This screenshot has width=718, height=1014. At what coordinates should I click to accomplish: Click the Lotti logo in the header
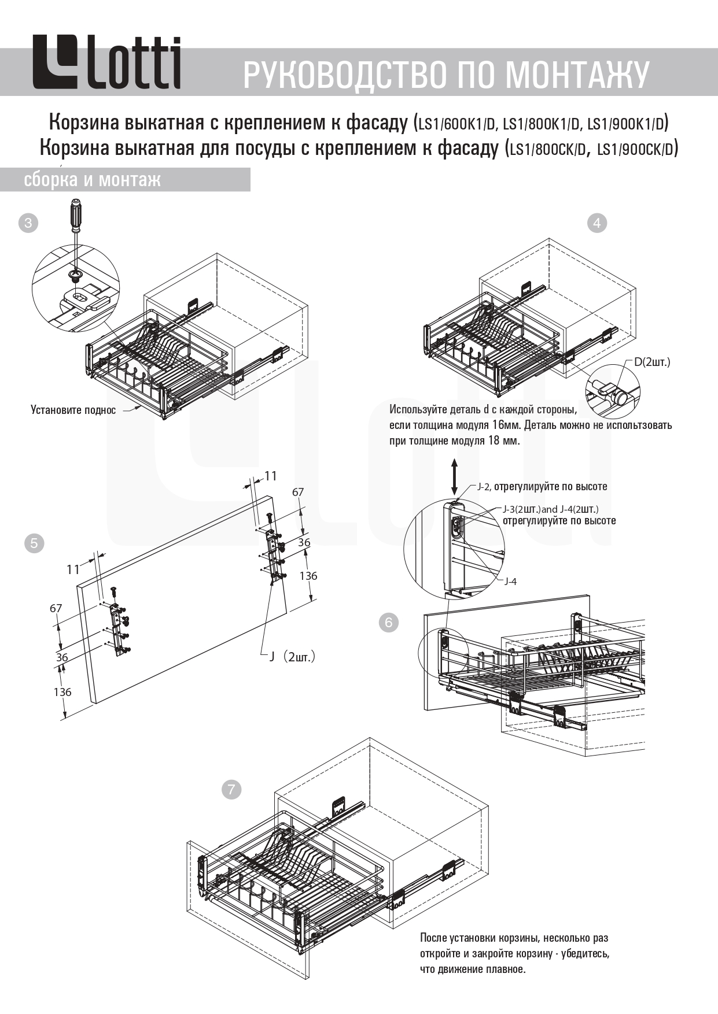106,63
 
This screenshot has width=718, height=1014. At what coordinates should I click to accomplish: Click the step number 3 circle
28,223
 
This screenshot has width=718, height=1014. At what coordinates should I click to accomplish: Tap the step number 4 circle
597,223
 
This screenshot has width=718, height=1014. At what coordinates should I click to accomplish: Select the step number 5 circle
34,543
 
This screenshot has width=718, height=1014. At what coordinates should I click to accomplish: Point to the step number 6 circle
388,622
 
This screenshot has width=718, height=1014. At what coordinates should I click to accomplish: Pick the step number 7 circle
231,789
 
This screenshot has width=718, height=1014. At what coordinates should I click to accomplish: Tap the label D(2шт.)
651,362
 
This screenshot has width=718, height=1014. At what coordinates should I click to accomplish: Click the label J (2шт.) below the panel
292,657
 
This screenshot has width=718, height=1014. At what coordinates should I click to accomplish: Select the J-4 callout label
510,582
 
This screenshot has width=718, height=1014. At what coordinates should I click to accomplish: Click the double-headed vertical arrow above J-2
455,476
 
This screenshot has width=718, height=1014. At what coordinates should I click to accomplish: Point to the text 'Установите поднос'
73,410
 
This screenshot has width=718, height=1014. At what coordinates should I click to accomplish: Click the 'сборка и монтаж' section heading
92,180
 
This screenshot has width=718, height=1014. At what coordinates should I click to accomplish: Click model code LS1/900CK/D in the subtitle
637,149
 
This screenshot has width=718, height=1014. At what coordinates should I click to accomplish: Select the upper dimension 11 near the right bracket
270,476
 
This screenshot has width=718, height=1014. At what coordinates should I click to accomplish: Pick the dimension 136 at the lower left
62,692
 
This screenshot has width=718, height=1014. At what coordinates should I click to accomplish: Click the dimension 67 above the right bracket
297,493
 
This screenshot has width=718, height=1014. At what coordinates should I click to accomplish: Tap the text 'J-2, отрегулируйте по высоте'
542,487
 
